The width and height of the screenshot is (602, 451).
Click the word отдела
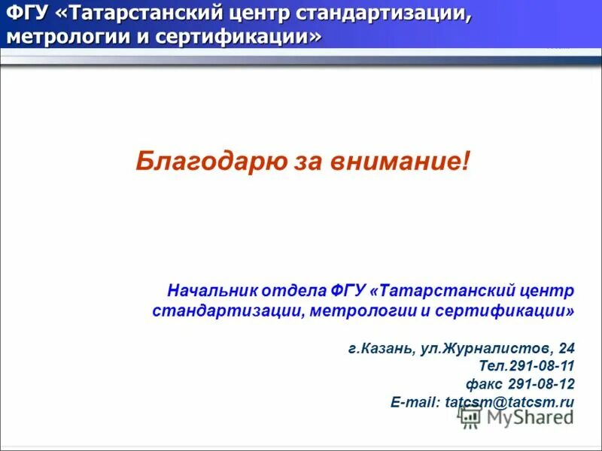(293, 290)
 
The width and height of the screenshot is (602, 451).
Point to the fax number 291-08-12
(540, 384)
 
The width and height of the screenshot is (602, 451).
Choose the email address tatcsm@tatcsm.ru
(509, 402)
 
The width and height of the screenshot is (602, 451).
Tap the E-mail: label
(415, 402)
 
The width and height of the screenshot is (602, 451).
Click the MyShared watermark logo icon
(471, 417)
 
